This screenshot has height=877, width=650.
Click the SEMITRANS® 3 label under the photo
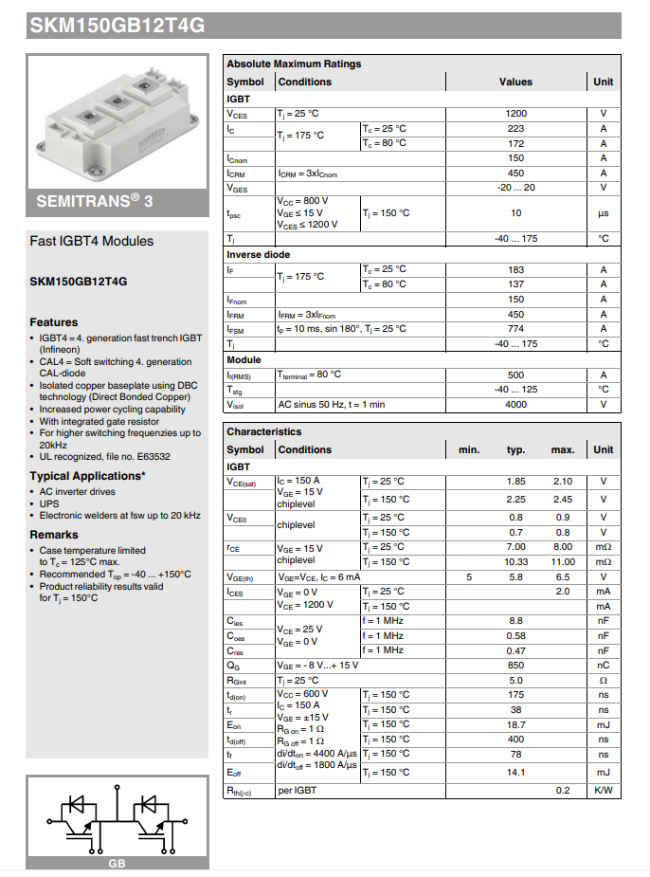[x=95, y=202]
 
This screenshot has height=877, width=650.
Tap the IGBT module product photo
[x=117, y=119]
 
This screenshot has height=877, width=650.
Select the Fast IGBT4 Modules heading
[x=92, y=241]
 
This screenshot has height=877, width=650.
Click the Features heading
[x=54, y=322]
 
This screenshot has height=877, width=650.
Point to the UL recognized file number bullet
[x=104, y=456]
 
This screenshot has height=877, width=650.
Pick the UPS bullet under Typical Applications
[x=48, y=503]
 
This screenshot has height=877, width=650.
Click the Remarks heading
[x=54, y=535]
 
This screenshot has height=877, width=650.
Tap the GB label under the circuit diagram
[x=117, y=864]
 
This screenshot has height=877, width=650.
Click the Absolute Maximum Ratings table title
[x=294, y=64]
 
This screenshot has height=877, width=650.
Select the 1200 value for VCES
[x=515, y=114]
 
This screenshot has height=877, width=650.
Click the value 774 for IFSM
[x=515, y=328]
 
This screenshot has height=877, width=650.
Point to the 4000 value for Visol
[x=515, y=404]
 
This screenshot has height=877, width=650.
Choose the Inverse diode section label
[x=258, y=254]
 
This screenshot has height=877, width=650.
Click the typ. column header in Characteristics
[x=515, y=449]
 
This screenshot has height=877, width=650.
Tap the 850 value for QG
[x=515, y=666]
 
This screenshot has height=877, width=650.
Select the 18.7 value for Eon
[x=515, y=724]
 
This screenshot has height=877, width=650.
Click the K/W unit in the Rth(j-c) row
[x=604, y=790]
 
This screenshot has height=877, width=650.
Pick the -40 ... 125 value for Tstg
[x=515, y=390]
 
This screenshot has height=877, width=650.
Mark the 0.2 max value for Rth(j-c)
[x=563, y=790]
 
